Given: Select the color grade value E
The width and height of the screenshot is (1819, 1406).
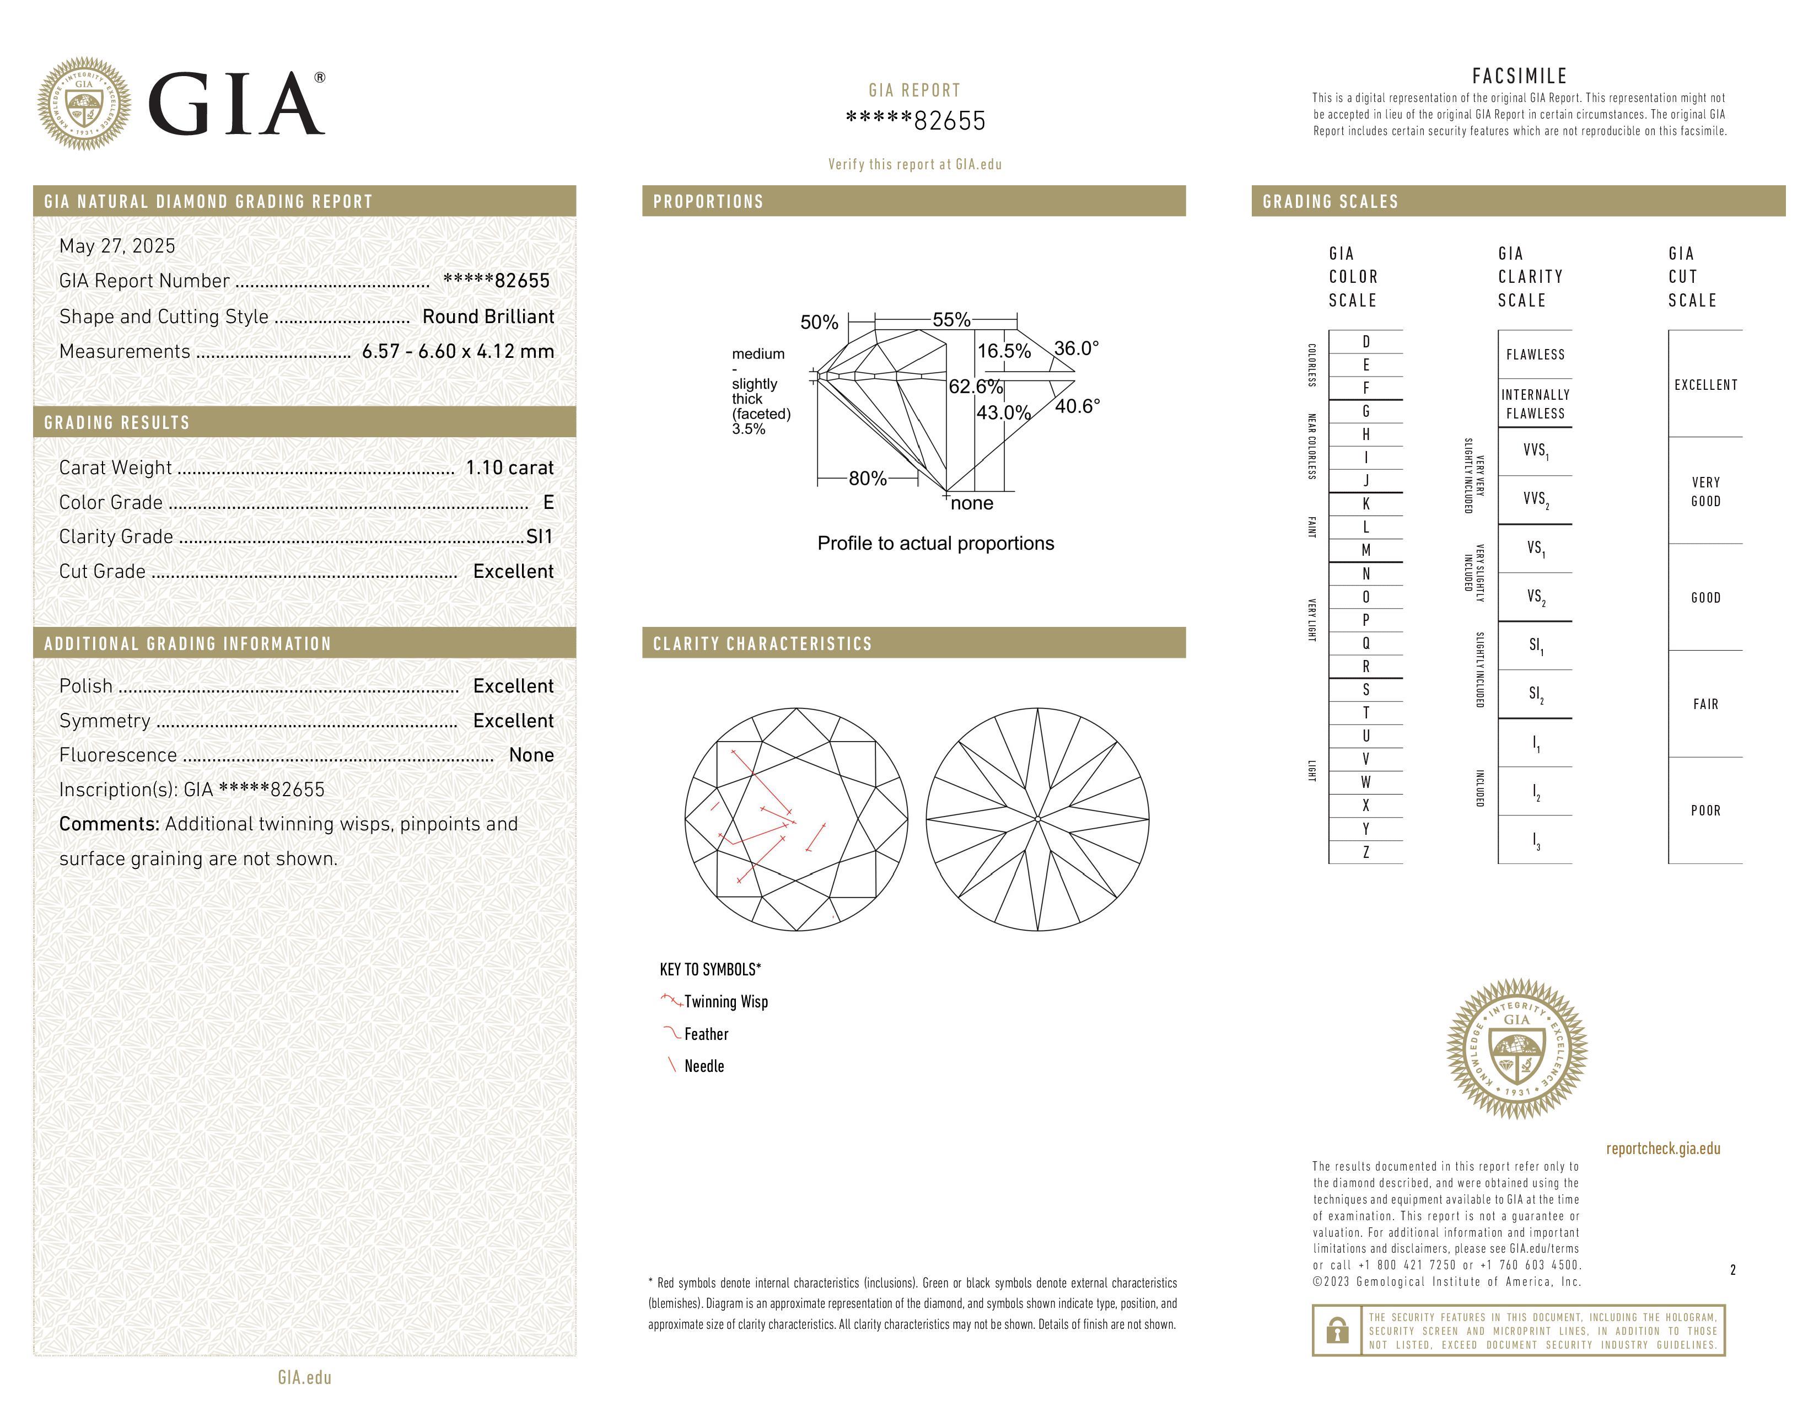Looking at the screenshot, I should pyautogui.click(x=548, y=502).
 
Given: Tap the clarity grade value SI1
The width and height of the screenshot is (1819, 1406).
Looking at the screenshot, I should pyautogui.click(x=540, y=536).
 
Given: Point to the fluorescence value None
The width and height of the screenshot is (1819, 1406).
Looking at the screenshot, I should pyautogui.click(x=531, y=755).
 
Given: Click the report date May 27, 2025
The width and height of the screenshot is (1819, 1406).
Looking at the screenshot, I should pyautogui.click(x=117, y=246).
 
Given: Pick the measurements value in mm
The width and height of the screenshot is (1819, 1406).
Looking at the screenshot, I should pyautogui.click(x=458, y=352).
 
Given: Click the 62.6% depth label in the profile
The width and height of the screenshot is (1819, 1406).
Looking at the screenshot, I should pyautogui.click(x=975, y=387).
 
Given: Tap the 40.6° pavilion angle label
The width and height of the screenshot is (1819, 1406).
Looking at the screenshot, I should pyautogui.click(x=1077, y=406).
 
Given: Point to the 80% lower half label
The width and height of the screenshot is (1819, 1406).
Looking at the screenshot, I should pyautogui.click(x=867, y=479).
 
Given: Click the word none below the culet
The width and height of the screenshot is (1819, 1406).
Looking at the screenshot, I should pyautogui.click(x=972, y=503).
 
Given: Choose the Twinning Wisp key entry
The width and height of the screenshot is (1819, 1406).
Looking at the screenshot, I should pyautogui.click(x=725, y=1001).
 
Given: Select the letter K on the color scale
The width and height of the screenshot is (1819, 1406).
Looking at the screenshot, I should pyautogui.click(x=1366, y=504).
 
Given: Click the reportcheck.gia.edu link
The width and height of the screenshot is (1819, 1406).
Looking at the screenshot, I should pyautogui.click(x=1662, y=1149).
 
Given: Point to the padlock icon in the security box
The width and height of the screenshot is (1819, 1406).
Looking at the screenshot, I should pyautogui.click(x=1337, y=1330).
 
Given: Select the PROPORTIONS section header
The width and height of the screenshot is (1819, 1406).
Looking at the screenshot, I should pyautogui.click(x=708, y=202).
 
